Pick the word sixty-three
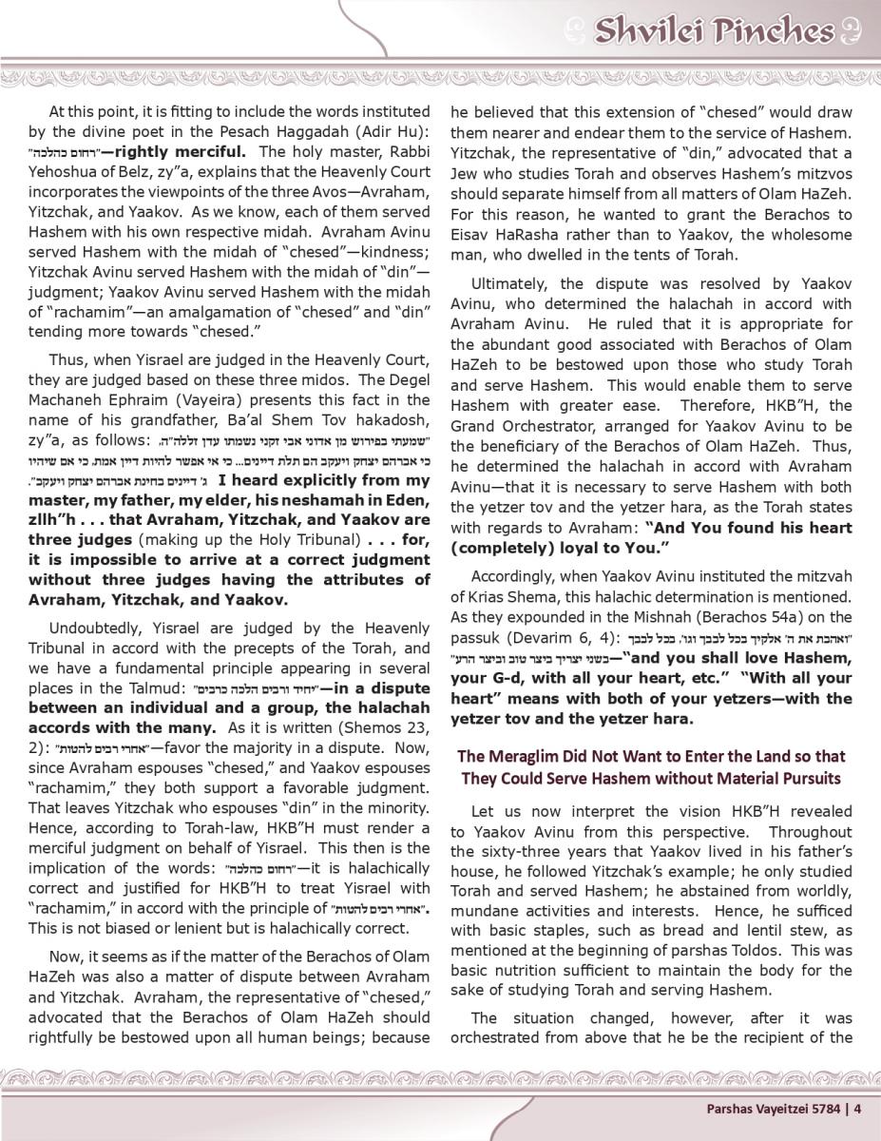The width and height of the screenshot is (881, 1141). click(x=531, y=851)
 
